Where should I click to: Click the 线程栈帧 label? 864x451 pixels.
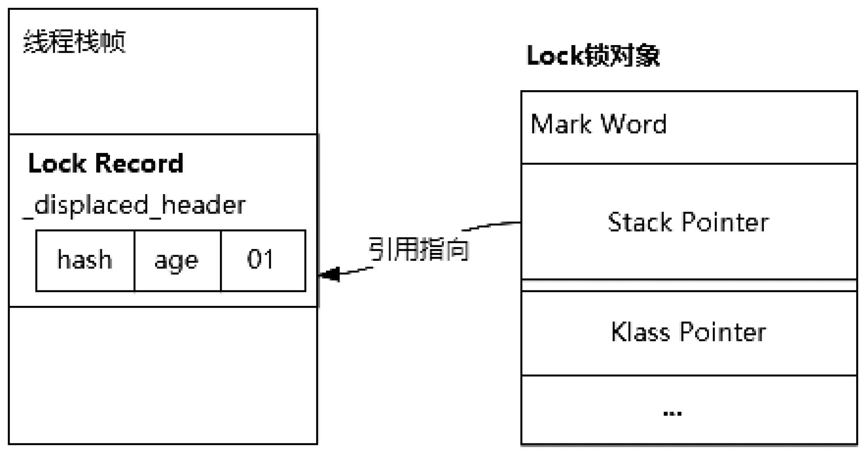click(74, 42)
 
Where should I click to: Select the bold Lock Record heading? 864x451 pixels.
click(106, 163)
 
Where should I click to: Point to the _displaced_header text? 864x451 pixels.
click(134, 205)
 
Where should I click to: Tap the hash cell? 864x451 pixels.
click(85, 260)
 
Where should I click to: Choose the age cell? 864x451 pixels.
click(177, 260)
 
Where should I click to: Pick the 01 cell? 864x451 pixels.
click(263, 260)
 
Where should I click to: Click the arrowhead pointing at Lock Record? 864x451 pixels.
click(329, 274)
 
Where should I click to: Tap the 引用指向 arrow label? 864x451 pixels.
click(418, 250)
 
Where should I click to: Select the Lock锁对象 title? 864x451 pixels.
click(593, 56)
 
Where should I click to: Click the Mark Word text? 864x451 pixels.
click(598, 124)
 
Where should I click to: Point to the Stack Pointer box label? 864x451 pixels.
click(688, 222)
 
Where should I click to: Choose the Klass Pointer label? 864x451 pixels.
click(688, 332)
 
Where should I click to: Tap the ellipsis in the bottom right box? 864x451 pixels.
click(672, 414)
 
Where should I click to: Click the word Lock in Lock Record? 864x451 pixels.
click(57, 163)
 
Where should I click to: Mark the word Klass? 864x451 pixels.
click(641, 332)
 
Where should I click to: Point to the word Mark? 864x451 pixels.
click(561, 124)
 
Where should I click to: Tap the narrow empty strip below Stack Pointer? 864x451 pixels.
click(689, 285)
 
